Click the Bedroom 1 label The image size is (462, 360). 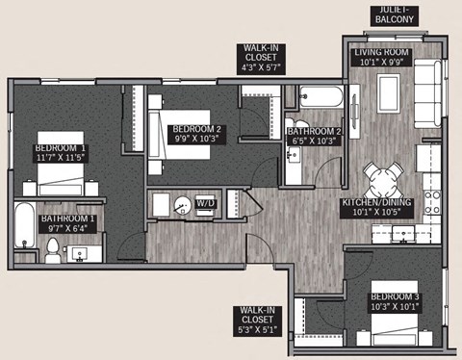59,147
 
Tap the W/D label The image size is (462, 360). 205,204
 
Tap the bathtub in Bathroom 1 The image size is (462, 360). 24,231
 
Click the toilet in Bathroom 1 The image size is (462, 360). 54,249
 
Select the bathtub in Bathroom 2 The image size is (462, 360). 319,97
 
